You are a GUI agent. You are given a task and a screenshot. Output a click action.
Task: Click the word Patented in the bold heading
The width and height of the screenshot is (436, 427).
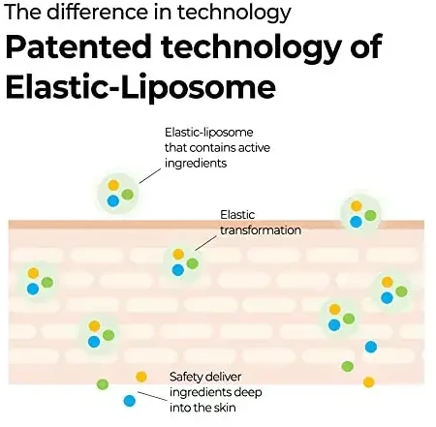tap(78, 46)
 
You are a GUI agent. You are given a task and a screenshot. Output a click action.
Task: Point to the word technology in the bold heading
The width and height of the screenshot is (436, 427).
tap(251, 48)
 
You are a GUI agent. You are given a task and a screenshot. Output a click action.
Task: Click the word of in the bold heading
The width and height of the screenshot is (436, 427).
tap(366, 46)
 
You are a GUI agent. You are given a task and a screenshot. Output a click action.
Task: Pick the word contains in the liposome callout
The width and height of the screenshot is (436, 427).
tap(209, 148)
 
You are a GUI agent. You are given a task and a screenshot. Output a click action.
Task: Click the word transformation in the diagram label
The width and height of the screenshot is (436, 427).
tap(261, 230)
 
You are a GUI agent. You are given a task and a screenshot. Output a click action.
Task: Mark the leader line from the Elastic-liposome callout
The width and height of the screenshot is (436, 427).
tap(149, 176)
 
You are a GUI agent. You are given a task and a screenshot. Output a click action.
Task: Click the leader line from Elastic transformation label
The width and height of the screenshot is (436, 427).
tap(205, 243)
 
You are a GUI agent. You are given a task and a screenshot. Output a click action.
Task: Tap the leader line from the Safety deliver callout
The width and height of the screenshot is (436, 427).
tap(152, 396)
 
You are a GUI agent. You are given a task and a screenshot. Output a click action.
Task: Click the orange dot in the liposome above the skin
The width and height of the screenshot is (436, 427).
tap(113, 185)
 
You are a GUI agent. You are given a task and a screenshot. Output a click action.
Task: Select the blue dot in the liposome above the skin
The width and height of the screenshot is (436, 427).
tap(113, 201)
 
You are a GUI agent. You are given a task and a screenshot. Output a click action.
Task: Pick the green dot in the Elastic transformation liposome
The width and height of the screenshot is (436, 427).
tap(192, 263)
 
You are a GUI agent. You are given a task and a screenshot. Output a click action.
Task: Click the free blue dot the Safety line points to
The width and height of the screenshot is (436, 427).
tap(129, 401)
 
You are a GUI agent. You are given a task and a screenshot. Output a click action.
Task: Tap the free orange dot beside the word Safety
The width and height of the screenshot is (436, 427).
tap(141, 377)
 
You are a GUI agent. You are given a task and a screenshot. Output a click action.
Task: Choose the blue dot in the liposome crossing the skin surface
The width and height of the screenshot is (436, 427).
tap(356, 222)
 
